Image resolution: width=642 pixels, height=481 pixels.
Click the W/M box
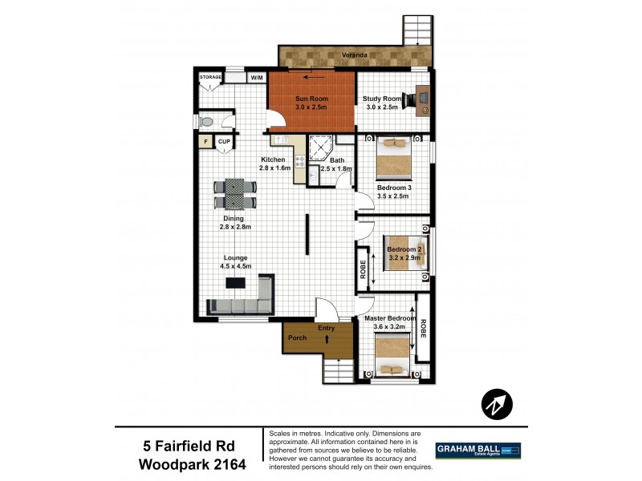[257, 78]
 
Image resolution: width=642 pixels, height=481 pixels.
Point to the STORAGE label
[210, 77]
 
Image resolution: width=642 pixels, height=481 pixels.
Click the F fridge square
[205, 142]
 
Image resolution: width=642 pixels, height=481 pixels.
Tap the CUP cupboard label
[224, 142]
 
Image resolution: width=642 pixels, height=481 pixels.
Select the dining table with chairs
[234, 193]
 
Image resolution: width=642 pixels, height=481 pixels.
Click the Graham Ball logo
[477, 451]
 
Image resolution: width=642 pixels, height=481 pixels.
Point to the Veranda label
[355, 55]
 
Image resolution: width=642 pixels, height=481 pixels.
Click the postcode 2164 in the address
[224, 464]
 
